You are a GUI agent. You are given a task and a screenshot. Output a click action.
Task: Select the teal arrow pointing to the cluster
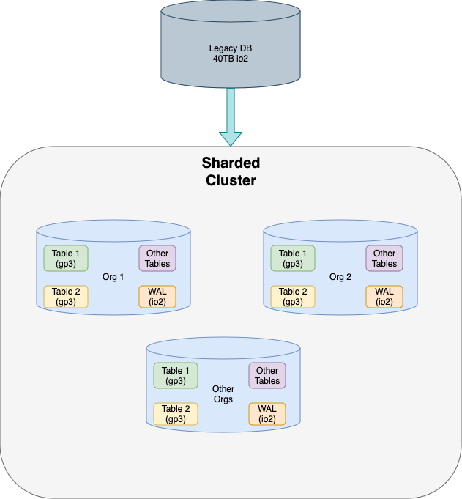click(x=231, y=117)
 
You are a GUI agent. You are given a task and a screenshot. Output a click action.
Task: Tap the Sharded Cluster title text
click(x=231, y=171)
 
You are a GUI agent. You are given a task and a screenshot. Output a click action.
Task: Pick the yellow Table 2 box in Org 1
click(x=66, y=296)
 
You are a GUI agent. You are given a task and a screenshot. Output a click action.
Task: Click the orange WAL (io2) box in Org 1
click(x=157, y=296)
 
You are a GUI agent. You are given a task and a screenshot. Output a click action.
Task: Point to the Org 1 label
click(x=113, y=277)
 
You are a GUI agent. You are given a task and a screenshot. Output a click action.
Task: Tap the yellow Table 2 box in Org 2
click(x=293, y=296)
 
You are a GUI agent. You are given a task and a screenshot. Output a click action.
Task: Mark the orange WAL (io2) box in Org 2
click(x=384, y=296)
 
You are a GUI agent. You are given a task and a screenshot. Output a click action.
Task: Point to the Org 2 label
click(x=340, y=277)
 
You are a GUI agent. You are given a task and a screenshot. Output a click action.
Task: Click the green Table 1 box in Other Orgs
click(x=176, y=376)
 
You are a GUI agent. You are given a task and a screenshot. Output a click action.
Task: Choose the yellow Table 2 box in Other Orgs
click(x=176, y=413)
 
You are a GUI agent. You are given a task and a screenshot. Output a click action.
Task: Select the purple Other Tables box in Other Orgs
click(x=267, y=376)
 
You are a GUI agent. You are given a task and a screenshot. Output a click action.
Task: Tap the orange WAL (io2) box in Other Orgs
click(x=267, y=413)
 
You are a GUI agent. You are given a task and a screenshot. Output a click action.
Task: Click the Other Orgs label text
click(x=223, y=394)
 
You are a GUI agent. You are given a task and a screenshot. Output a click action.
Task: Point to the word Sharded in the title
click(x=231, y=163)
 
